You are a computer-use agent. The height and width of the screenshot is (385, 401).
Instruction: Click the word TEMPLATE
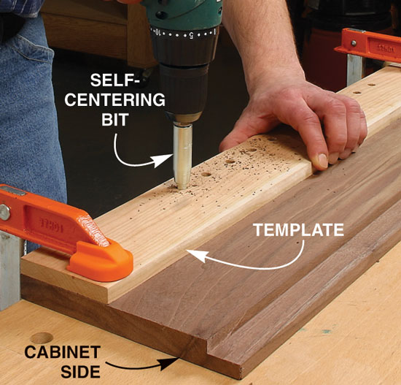pos(298,229)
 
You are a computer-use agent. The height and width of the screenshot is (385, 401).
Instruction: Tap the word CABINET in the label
pos(63,352)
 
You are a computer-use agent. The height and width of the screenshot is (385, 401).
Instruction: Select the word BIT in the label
pos(114,119)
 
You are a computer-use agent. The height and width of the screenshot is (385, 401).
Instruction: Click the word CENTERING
pos(114,99)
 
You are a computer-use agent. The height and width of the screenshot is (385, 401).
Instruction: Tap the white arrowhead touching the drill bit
pos(163,160)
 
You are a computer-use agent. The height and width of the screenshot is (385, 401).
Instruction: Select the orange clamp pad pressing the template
pos(100,262)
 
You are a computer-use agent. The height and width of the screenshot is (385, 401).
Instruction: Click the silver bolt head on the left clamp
pos(4,213)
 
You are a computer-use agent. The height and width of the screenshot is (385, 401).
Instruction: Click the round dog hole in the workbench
pos(42,338)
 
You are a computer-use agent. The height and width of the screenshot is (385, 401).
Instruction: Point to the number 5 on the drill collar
pos(191,35)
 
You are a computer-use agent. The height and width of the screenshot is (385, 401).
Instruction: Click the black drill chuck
pos(184,85)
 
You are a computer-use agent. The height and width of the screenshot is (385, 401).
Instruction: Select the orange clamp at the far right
pos(368,45)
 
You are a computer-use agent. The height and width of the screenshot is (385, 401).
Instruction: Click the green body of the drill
pos(182,14)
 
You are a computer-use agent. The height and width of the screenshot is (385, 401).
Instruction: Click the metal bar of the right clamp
pos(354,69)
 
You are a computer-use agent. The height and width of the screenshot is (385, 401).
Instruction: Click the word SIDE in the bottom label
pos(81,372)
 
